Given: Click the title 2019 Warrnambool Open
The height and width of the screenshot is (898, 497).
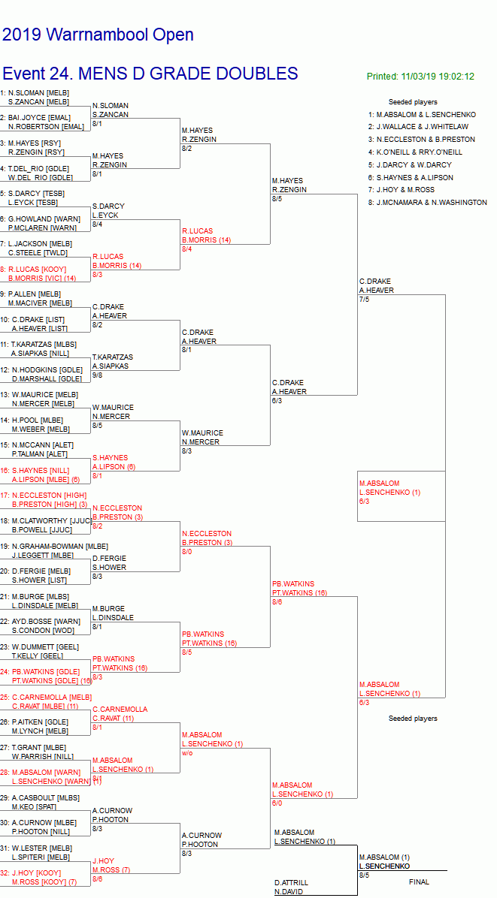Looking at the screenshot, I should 98,35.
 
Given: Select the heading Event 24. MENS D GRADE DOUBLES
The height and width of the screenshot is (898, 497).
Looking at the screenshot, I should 150,74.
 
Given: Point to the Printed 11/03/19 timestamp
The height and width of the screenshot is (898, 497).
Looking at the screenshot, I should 420,77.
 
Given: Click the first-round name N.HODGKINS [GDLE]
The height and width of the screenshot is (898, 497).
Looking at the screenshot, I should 45,369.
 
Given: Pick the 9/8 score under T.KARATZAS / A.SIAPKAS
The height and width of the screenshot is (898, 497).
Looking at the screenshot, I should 97,375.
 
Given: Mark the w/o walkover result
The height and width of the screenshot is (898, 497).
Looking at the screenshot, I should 187,753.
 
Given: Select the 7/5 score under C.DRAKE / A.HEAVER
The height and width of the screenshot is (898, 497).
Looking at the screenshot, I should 365,299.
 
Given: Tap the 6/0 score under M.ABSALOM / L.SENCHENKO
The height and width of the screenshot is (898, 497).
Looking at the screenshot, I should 277,803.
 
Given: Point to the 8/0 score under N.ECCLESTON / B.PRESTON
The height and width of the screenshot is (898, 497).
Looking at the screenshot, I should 187,551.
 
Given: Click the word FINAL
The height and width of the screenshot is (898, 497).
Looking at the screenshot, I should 419,882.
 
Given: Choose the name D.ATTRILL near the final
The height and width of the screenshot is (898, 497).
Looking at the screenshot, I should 291,882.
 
